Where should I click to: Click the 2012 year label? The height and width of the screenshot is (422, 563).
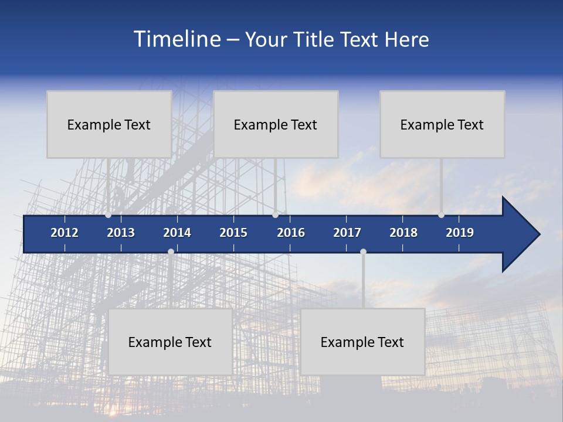tap(65, 233)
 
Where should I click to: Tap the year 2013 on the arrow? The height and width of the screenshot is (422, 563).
tap(121, 233)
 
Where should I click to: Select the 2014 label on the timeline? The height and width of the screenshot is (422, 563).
tap(177, 233)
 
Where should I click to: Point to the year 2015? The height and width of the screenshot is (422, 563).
tap(233, 233)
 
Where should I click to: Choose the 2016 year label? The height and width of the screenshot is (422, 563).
tap(291, 233)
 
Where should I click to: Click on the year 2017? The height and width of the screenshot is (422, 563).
tap(347, 233)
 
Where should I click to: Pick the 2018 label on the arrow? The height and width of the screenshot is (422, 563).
tap(403, 233)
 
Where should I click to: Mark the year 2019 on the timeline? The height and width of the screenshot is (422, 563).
tap(460, 233)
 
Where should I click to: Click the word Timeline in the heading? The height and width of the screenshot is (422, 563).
tap(177, 39)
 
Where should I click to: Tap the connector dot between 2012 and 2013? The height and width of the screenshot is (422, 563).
tap(108, 215)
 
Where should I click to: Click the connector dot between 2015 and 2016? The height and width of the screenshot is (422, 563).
tap(275, 215)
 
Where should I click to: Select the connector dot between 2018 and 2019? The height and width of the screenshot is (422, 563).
tap(441, 215)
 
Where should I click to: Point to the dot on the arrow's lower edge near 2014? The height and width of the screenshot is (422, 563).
tap(171, 251)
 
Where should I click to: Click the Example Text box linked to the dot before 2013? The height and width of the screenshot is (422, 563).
tap(109, 124)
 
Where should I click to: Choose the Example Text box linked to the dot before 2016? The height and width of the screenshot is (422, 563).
tap(276, 124)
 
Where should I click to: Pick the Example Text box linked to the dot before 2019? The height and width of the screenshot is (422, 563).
tap(442, 124)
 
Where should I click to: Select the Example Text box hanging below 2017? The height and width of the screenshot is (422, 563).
tap(362, 342)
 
